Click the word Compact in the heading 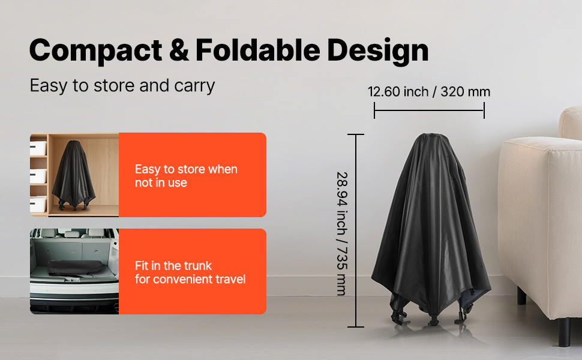point(96,50)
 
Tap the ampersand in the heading point(179,50)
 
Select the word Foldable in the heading point(257,50)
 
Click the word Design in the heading point(378,51)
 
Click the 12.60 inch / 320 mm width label point(429,92)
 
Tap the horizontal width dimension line point(429,110)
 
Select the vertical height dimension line point(356,230)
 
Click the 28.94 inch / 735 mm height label point(342,233)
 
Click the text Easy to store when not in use point(186,176)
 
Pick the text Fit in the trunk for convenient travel point(190,272)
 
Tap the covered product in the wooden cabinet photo point(73,175)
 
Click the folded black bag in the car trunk point(76,267)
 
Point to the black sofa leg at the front point(565,332)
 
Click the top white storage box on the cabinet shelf point(38,148)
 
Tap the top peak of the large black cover point(431,135)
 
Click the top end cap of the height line point(356,134)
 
